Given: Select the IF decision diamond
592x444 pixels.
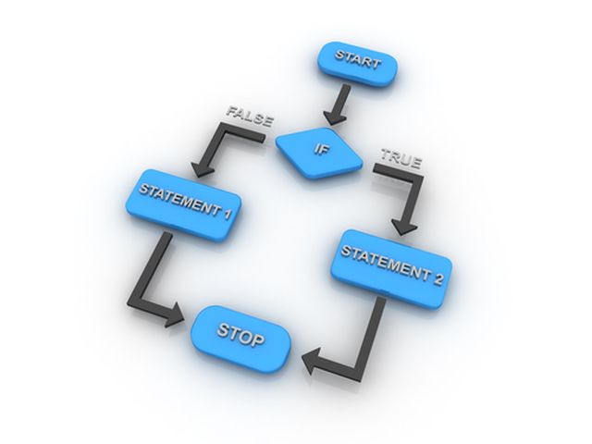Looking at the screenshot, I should point(318,148).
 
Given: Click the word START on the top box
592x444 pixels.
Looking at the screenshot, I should point(358,59).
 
